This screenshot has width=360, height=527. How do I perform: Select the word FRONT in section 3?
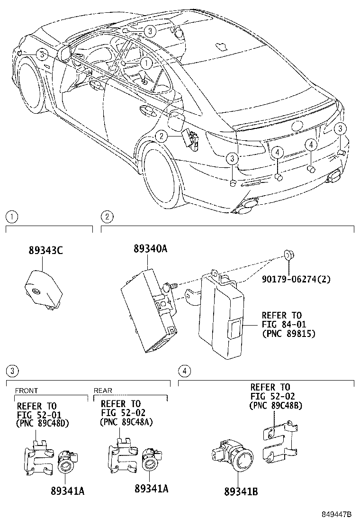tap(27, 391)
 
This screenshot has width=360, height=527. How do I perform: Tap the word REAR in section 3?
tap(103, 391)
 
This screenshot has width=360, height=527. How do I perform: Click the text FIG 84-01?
tap(284, 325)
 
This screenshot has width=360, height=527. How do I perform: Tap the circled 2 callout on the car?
tap(161, 136)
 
